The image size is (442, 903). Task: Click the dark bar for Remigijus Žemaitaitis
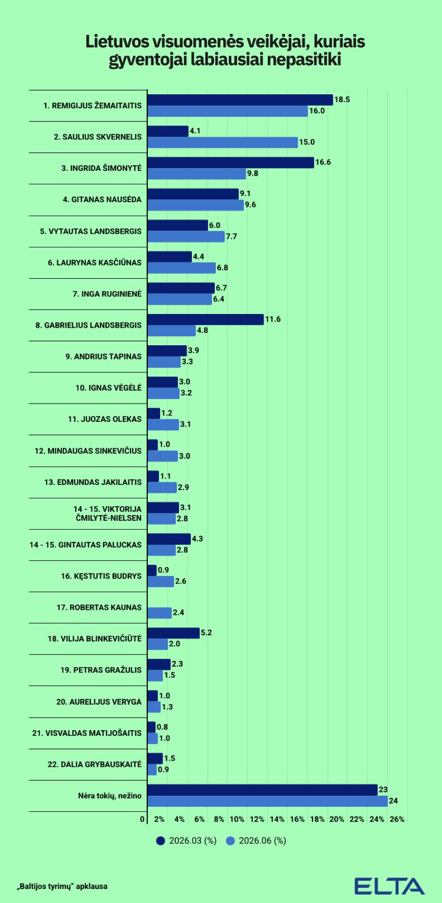240,100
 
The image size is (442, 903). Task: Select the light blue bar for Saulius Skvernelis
223,142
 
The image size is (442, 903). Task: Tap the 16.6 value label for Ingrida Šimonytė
323,162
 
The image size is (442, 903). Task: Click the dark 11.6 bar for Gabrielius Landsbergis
205,319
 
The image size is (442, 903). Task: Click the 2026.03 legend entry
186,841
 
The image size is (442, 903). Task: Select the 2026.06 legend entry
256,841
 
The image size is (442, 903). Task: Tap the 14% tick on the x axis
277,819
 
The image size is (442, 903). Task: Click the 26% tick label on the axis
397,819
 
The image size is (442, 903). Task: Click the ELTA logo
389,886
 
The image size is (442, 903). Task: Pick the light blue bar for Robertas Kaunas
160,613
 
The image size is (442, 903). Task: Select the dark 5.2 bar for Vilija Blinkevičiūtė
174,633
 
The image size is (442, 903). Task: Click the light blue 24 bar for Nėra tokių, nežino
268,801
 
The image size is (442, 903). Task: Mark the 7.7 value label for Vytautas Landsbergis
231,236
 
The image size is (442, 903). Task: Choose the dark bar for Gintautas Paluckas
169,539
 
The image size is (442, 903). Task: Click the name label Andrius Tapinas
103,357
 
